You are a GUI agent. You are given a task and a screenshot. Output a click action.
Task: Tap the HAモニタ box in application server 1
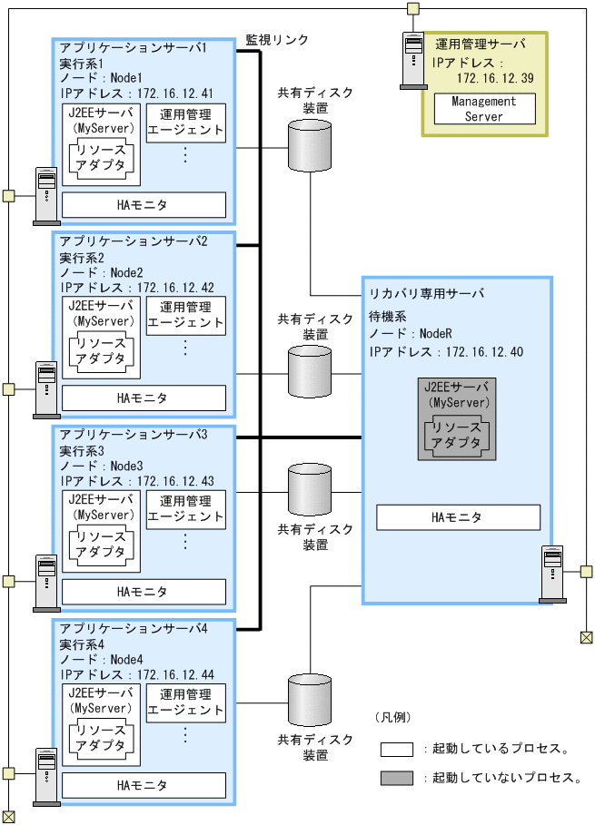pos(143,205)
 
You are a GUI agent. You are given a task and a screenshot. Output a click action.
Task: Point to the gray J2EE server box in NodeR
pos(458,418)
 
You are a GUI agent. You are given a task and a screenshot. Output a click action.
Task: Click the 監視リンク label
pos(276,41)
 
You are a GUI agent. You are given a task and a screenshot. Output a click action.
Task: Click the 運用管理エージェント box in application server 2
pos(185,315)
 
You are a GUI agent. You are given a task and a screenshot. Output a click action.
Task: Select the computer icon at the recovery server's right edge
pos(552,573)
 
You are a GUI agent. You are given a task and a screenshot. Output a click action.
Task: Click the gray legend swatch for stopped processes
pos(397,778)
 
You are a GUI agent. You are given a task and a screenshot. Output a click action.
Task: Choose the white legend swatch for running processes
pos(397,749)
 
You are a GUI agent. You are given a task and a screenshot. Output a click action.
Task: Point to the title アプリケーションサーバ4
pos(134,628)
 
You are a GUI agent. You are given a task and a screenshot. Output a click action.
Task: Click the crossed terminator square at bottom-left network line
pos(8,815)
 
